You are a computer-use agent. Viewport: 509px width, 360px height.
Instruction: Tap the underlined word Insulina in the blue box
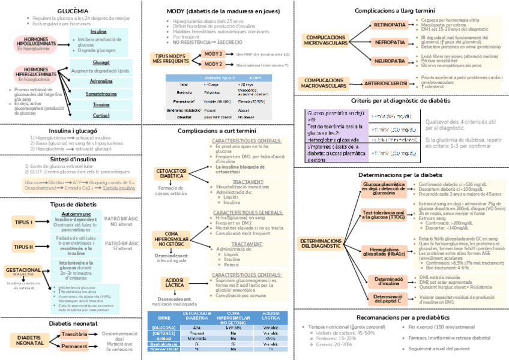click(x=98, y=32)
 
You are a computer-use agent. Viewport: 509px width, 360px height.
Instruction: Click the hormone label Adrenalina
click(x=101, y=81)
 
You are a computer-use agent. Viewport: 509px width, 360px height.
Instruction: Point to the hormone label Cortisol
click(x=101, y=115)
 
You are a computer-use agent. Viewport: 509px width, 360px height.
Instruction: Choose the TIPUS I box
click(x=23, y=222)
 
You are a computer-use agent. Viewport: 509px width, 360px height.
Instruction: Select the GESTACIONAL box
click(x=23, y=271)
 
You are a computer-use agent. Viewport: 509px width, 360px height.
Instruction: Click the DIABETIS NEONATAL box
click(x=29, y=340)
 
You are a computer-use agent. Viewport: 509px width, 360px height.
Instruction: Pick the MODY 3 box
click(x=214, y=54)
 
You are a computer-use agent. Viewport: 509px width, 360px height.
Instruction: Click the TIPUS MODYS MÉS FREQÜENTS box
click(x=171, y=58)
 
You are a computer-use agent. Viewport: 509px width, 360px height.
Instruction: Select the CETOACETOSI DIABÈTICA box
click(x=170, y=173)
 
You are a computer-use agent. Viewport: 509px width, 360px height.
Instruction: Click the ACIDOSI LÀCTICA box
click(x=175, y=283)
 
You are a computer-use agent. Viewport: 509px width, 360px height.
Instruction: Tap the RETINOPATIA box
click(x=390, y=25)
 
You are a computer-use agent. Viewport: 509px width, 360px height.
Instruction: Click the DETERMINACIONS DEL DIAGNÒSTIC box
click(x=324, y=242)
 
